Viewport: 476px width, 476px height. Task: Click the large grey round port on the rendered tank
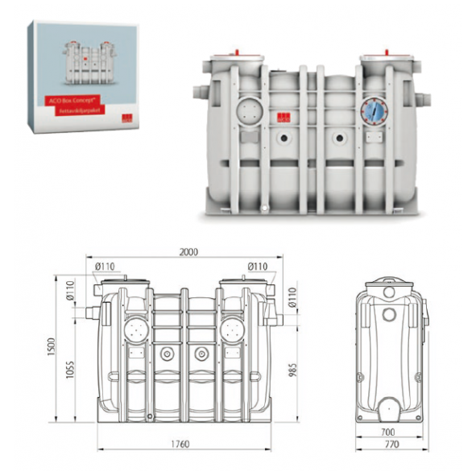pos(249,109)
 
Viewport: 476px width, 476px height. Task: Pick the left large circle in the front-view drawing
pos(135,327)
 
